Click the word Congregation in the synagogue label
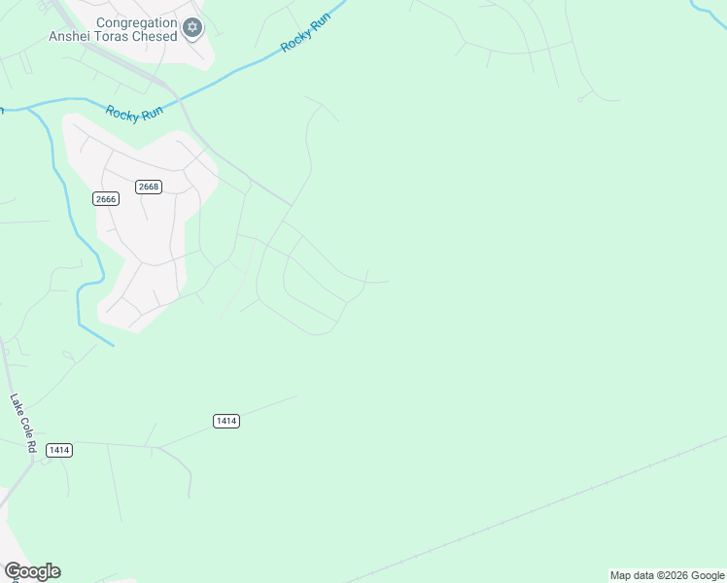tap(137, 22)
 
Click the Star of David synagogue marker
tap(192, 27)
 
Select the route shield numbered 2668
tap(148, 187)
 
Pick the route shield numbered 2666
tap(105, 199)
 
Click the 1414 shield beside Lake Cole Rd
tap(59, 450)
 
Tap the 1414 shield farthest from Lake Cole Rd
tap(225, 421)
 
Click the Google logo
tap(32, 571)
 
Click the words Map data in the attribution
tap(632, 575)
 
